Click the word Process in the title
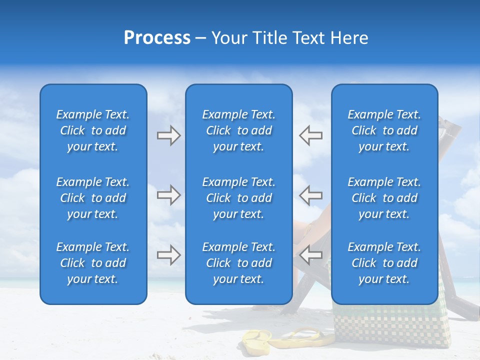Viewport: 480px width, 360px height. [157, 38]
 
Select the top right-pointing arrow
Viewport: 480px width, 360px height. [168, 135]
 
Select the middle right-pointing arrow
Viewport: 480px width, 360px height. [168, 195]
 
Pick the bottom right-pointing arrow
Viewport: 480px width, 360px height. [168, 255]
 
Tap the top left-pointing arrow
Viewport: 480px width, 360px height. [310, 135]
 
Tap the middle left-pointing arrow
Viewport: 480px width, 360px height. [310, 195]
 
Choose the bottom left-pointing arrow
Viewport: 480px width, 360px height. [310, 255]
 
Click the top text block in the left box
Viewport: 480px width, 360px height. [93, 130]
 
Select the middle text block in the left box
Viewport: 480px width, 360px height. [93, 198]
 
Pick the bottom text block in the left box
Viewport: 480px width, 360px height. [93, 263]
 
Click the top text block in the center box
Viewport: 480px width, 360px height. [238, 130]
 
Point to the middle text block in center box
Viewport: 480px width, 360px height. [238, 198]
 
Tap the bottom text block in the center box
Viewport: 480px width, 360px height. [238, 263]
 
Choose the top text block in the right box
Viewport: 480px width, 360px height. [384, 130]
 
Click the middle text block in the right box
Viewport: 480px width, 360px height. [384, 198]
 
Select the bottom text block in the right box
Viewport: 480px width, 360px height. [384, 263]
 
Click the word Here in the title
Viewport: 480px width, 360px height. [349, 38]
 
